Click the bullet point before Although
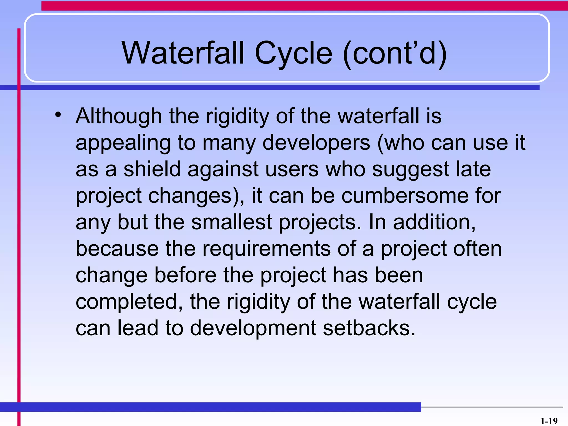pyautogui.click(x=58, y=115)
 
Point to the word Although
pyautogui.click(x=119, y=116)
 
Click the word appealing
pyautogui.click(x=123, y=143)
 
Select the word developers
pyautogui.click(x=316, y=143)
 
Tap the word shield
pyautogui.click(x=152, y=169)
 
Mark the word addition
pyautogui.click(x=434, y=222)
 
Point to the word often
pyautogui.click(x=477, y=248)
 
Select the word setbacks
pyautogui.click(x=369, y=328)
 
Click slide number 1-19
pyautogui.click(x=549, y=421)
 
